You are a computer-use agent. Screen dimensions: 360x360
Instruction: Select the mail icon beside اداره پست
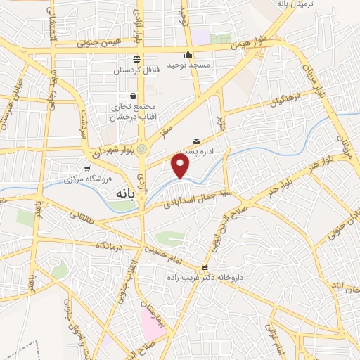pos(196,141)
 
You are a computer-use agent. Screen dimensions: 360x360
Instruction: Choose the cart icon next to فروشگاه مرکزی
pos(87,169)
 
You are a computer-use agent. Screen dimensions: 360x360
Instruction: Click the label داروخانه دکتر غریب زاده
pos(205,278)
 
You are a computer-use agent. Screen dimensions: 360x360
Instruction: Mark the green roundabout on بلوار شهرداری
pos(142,149)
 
